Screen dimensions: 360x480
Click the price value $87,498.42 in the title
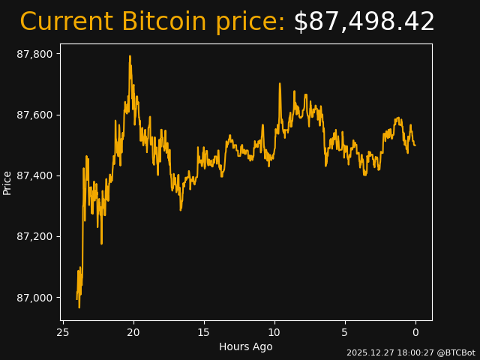364,22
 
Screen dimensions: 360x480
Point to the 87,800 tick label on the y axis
35,54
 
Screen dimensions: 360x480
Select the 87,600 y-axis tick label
35,115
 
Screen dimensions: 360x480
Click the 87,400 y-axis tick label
35,175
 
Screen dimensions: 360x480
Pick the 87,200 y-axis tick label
35,236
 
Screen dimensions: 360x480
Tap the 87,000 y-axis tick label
35,298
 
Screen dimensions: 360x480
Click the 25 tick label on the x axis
63,332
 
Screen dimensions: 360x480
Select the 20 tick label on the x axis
133,332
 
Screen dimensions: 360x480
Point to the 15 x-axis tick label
204,332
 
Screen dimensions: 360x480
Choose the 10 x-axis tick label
274,332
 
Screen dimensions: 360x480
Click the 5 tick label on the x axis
345,332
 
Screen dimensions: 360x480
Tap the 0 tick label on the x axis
415,332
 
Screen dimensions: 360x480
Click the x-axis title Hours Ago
246,346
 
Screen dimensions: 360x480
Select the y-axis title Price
7,182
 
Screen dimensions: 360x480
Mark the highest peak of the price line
130,56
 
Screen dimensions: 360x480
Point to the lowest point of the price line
79,307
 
